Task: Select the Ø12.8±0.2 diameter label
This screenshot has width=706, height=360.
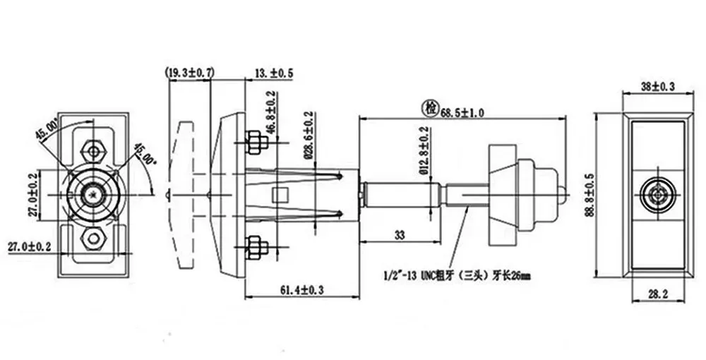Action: (424, 152)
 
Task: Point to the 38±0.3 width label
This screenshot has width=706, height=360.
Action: (657, 87)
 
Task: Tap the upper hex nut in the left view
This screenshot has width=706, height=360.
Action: (92, 150)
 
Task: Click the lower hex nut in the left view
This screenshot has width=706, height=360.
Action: (92, 238)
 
